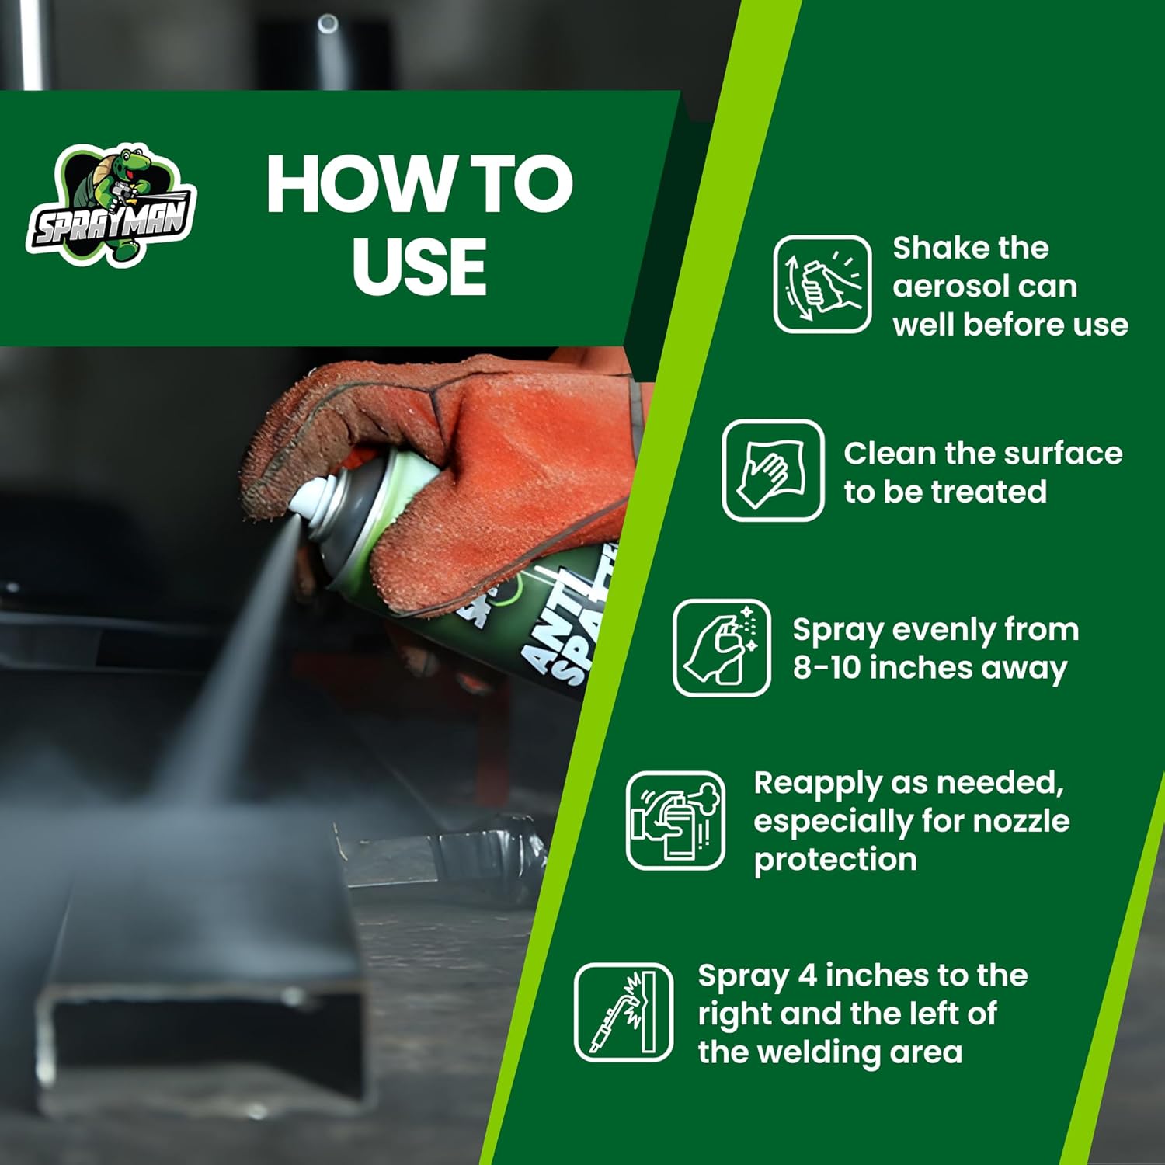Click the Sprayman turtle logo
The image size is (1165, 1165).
(x=111, y=206)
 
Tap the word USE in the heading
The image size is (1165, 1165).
(x=419, y=266)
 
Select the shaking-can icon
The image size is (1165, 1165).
(x=822, y=284)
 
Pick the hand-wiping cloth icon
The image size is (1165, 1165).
(x=773, y=470)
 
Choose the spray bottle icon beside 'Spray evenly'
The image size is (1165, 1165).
(x=722, y=648)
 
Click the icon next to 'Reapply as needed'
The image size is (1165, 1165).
(x=676, y=820)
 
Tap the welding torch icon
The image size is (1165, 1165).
(x=624, y=1012)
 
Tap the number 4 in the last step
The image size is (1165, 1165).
(x=808, y=975)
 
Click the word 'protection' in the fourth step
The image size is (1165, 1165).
(x=835, y=860)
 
